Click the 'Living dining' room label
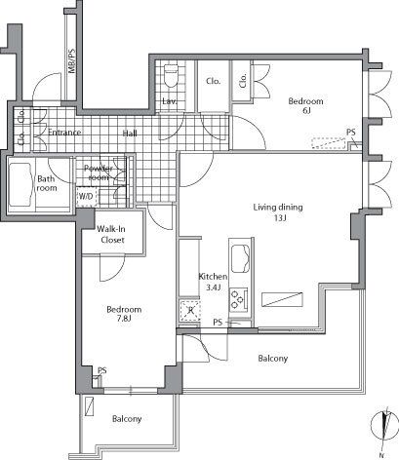point(278,207)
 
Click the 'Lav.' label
point(168,100)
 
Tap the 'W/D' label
point(87,195)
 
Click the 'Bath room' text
point(46,183)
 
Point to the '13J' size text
point(278,219)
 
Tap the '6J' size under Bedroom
point(305,112)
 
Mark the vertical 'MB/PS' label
point(71,62)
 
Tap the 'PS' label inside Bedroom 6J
point(350,134)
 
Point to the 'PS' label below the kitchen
point(219,322)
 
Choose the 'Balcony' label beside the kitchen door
point(272,359)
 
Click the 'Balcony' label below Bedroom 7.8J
point(126,419)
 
